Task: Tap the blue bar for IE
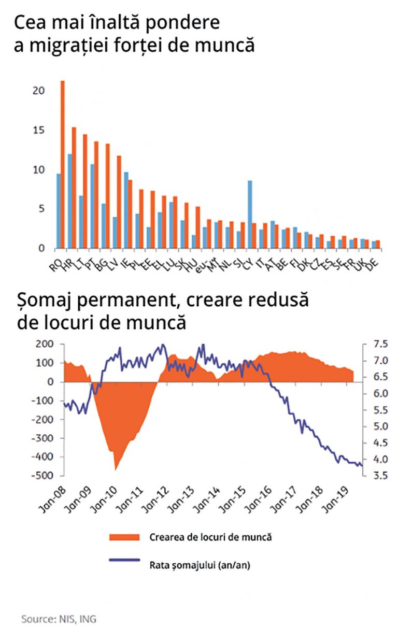point(125,210)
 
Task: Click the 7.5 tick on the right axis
point(379,344)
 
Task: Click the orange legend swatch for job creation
point(124,537)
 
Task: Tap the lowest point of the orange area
point(115,469)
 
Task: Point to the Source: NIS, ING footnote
point(58,619)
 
